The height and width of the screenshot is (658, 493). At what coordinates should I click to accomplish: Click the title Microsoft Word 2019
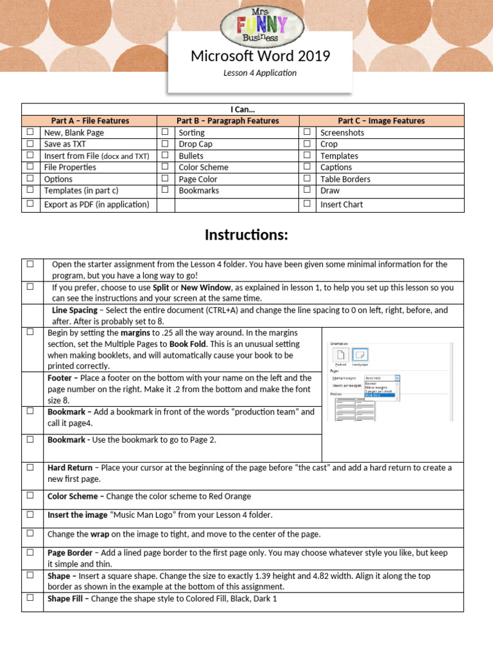pos(260,57)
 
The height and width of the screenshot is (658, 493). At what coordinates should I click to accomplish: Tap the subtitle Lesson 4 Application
pos(260,73)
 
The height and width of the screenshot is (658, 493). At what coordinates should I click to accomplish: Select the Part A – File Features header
pos(90,121)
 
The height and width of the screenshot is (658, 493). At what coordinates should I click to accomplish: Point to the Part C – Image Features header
pos(381,121)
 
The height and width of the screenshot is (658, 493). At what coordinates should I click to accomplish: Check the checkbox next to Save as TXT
pos(30,144)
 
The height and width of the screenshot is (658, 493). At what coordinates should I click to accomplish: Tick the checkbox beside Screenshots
pos(307,132)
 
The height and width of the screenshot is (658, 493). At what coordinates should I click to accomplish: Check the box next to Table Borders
pos(307,179)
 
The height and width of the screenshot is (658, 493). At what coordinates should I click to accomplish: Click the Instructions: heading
pos(246,235)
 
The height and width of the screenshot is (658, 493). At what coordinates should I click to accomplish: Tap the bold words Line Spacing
pos(74,310)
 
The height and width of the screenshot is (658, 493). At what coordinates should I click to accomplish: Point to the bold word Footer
pos(60,378)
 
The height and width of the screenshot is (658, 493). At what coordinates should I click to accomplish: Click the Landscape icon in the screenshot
pos(360,355)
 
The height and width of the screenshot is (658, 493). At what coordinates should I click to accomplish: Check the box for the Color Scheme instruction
pos(30,496)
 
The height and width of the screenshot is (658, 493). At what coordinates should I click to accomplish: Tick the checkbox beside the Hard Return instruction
pos(30,468)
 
